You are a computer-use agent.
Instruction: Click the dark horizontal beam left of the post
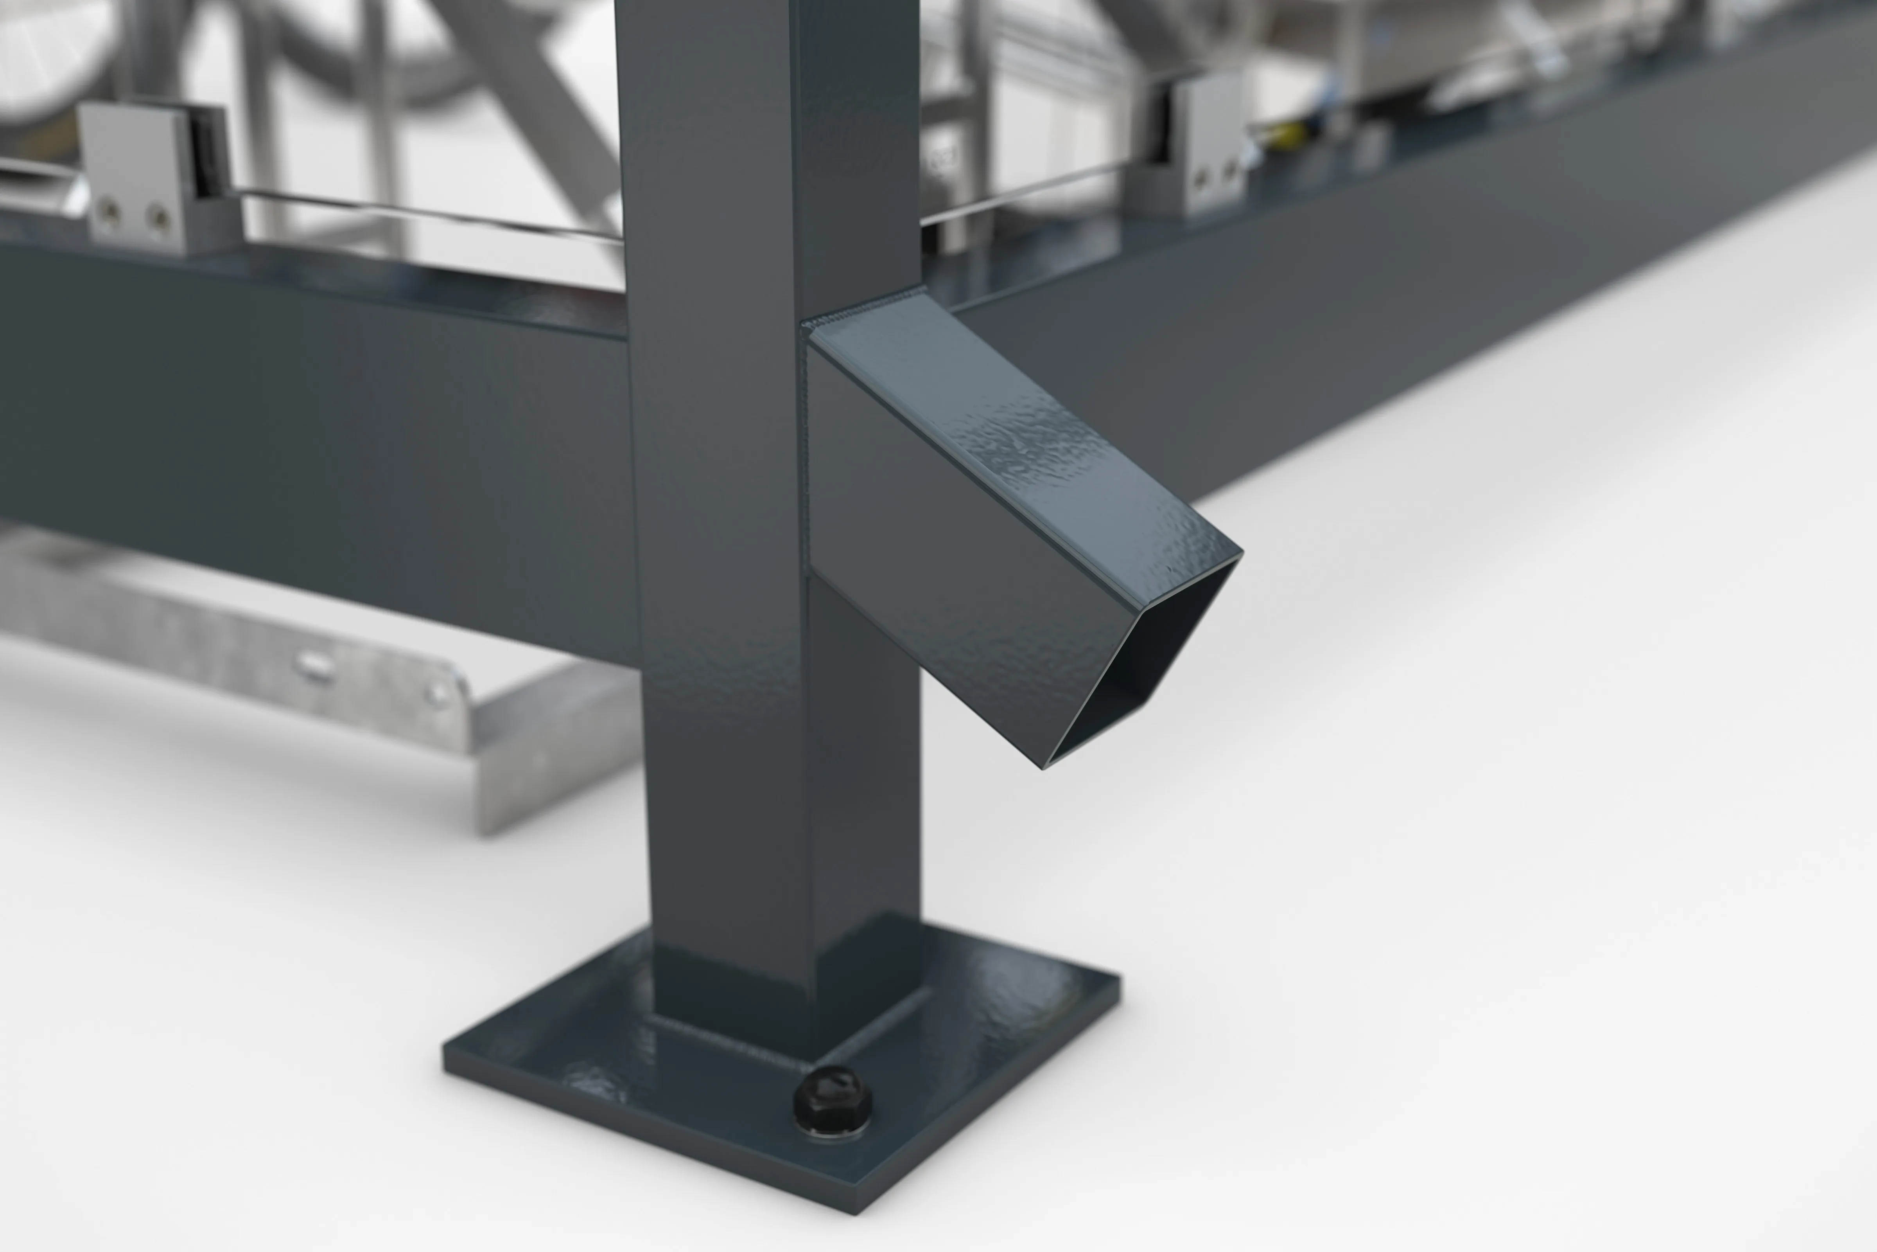319,431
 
